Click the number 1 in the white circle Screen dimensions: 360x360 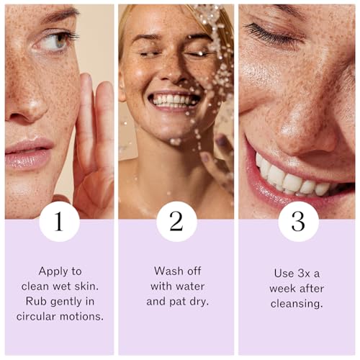tap(59, 221)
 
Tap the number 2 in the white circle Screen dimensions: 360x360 tap(176, 221)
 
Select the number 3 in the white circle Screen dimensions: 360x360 tap(298, 221)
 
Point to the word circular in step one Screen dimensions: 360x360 tap(36, 316)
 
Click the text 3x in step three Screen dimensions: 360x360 tap(304, 274)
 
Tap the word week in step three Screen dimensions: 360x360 tap(282, 289)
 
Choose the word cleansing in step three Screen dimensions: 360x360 tap(297, 304)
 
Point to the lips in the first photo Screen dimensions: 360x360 tap(28, 153)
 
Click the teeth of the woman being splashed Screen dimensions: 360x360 tap(174, 100)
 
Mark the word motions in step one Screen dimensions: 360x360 tap(81, 316)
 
